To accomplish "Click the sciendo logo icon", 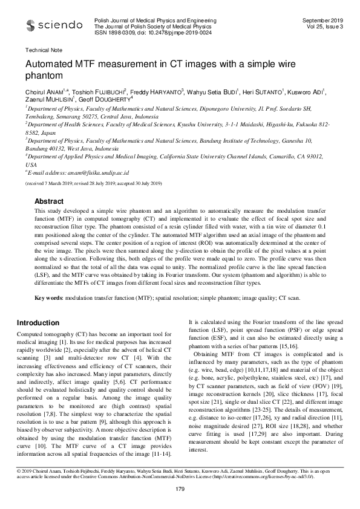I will coord(31,25).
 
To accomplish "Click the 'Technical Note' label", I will coord(39,51).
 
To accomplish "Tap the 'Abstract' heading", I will coord(49,200).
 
